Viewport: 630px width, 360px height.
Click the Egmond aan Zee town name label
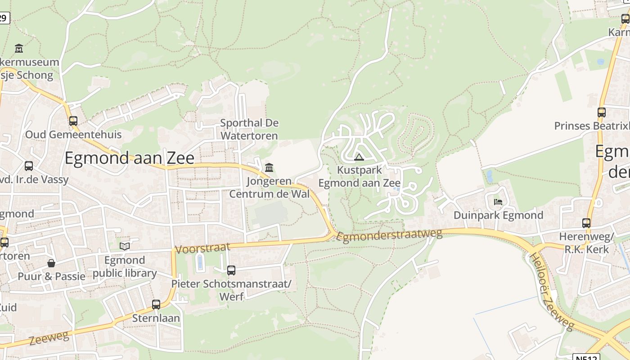pyautogui.click(x=130, y=158)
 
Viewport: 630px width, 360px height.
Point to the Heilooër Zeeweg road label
pyautogui.click(x=551, y=292)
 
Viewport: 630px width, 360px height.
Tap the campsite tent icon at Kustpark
pyautogui.click(x=359, y=157)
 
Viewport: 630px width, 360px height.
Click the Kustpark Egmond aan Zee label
pyautogui.click(x=359, y=176)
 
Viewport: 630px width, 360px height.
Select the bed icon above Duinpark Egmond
pyautogui.click(x=498, y=202)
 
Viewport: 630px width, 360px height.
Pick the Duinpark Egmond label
pyautogui.click(x=498, y=215)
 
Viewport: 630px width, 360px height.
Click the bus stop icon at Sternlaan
pyautogui.click(x=156, y=304)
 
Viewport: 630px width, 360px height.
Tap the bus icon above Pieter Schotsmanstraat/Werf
pyautogui.click(x=231, y=270)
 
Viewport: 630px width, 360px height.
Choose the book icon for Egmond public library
pyautogui.click(x=125, y=246)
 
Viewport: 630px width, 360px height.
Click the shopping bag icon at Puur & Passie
pyautogui.click(x=51, y=263)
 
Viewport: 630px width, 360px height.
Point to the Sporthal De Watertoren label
pyautogui.click(x=249, y=129)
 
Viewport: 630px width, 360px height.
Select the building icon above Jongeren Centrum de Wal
pyautogui.click(x=269, y=168)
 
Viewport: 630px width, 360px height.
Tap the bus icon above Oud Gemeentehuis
pyautogui.click(x=73, y=121)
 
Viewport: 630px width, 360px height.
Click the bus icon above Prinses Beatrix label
pyautogui.click(x=601, y=112)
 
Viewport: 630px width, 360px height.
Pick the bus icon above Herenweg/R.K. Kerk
pyautogui.click(x=586, y=223)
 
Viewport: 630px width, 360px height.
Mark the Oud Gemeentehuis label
pyautogui.click(x=73, y=135)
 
